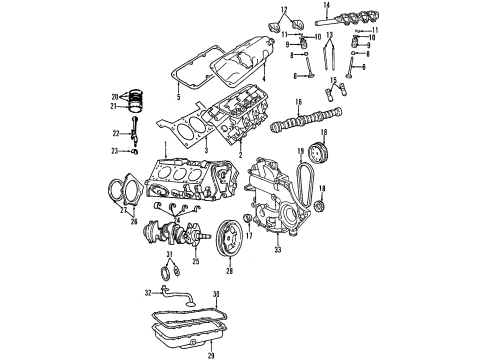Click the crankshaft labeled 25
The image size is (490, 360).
point(180,246)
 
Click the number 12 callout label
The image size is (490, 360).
point(286,9)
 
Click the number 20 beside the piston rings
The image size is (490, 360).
point(115,95)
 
